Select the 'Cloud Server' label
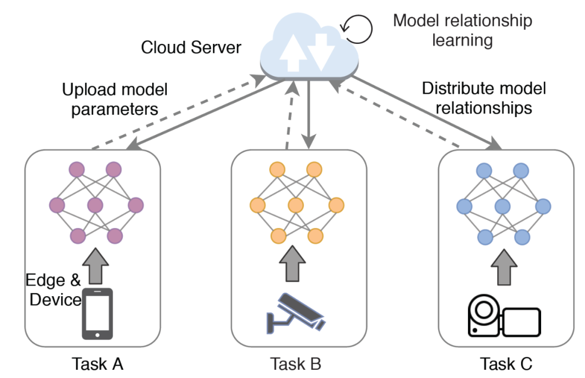191,48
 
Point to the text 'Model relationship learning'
461,30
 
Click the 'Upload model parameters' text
114,99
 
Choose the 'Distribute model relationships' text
484,98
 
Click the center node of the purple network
95,205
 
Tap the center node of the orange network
296,205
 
